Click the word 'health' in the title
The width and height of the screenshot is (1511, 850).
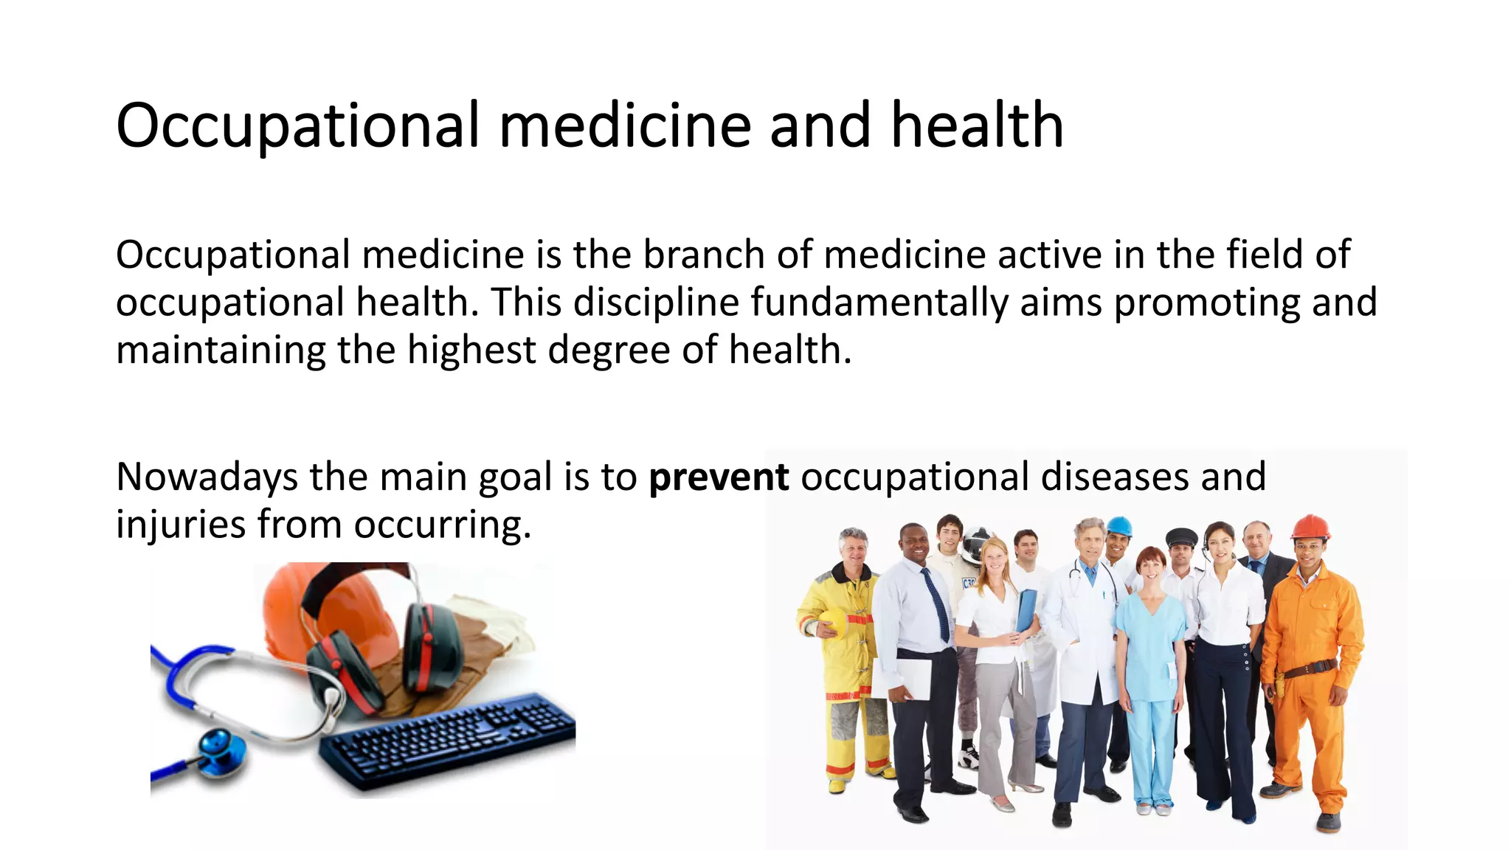977,125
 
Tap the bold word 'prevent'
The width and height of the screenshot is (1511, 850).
719,477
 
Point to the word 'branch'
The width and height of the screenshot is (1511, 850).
704,255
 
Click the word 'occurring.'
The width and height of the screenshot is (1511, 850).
442,525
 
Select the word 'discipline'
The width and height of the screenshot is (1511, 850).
656,303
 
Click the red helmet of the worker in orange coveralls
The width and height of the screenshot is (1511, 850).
1310,527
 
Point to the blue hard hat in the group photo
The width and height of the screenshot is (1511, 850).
1119,526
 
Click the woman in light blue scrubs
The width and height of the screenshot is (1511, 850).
1151,664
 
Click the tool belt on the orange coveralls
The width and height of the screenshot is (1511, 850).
1310,668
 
